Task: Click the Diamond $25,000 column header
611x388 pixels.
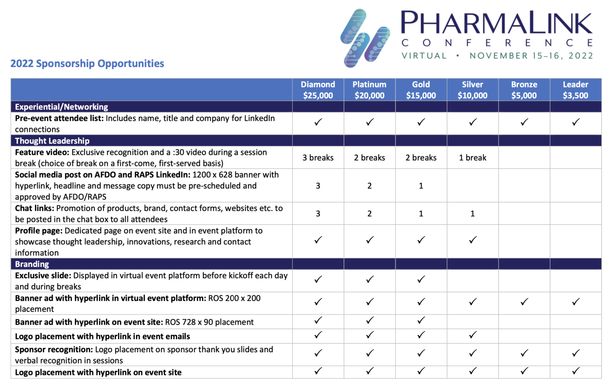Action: [x=318, y=90]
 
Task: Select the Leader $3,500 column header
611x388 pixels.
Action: [x=575, y=90]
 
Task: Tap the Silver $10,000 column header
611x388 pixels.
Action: [x=472, y=90]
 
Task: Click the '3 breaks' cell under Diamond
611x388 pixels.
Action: [x=318, y=158]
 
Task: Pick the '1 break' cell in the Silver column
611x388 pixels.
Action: [x=473, y=158]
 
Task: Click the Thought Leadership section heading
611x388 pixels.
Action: [x=52, y=141]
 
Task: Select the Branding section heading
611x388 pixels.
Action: [x=32, y=264]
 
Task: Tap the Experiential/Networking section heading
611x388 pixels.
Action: [x=61, y=107]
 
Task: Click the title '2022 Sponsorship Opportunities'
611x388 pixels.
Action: [x=87, y=64]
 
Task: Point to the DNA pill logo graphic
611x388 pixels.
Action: [x=364, y=38]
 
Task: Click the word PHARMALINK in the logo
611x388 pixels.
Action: [x=496, y=23]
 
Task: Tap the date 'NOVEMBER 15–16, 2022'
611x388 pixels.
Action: [x=531, y=56]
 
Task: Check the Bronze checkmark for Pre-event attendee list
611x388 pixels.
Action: [x=524, y=122]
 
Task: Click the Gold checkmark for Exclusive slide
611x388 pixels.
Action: [x=421, y=280]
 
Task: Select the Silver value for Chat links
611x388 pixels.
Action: [x=473, y=214]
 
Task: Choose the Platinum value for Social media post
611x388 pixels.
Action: [x=370, y=186]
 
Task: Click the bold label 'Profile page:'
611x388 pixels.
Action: [x=39, y=231]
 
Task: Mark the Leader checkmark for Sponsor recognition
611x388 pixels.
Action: [x=575, y=353]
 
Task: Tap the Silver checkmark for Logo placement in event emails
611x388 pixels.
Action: [x=473, y=335]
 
